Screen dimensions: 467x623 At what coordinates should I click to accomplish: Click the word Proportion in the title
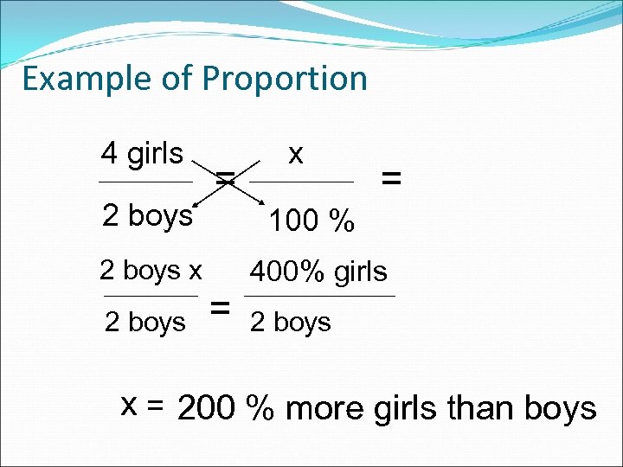click(285, 79)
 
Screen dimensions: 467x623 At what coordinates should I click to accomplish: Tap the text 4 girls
click(142, 154)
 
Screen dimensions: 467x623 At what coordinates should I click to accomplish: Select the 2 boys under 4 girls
click(147, 215)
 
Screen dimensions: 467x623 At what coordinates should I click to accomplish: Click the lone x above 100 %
click(296, 154)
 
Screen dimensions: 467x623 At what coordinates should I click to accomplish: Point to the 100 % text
click(311, 222)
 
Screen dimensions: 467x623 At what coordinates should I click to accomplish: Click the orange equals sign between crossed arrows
click(225, 179)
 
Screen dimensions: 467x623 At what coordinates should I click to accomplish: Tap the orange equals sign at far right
click(391, 179)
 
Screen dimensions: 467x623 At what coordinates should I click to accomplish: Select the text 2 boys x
click(151, 271)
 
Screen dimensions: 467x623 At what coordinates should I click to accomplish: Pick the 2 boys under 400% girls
click(290, 323)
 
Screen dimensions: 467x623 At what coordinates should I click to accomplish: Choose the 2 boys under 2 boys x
click(145, 323)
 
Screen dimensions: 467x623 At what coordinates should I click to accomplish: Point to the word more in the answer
click(324, 408)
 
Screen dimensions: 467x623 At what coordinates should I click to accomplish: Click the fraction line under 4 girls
click(145, 182)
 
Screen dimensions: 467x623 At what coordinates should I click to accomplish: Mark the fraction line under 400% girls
click(320, 297)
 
